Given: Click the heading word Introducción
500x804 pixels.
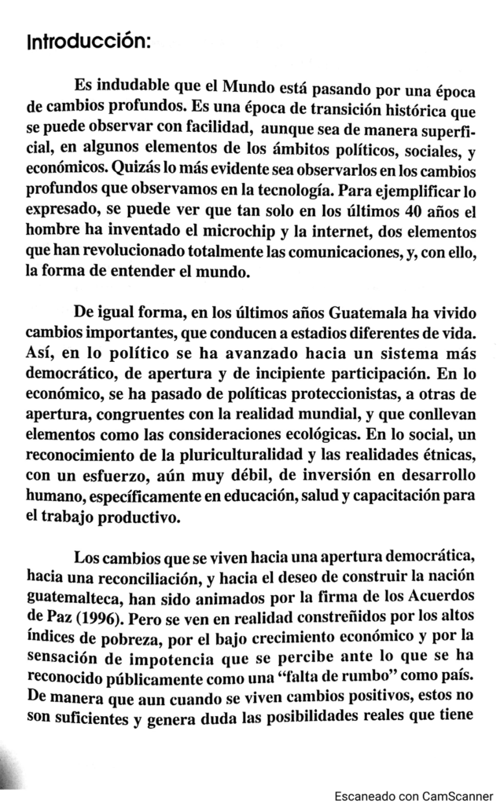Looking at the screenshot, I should pos(88,40).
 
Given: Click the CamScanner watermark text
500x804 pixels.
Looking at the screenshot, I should pos(415,795).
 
